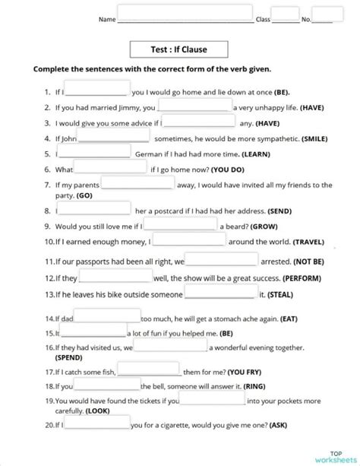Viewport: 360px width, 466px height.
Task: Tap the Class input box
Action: click(285, 14)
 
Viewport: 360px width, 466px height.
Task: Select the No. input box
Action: click(327, 14)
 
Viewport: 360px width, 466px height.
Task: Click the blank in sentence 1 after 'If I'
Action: click(97, 90)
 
